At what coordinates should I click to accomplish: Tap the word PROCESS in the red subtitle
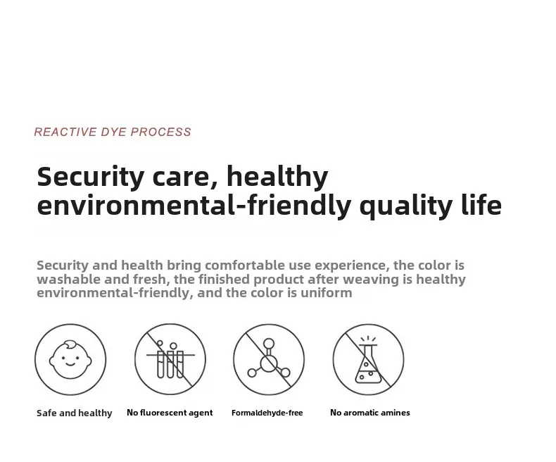click(161, 132)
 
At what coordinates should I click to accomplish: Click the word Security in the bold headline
click(91, 177)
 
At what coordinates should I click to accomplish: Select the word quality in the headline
click(406, 206)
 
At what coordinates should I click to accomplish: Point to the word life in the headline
click(482, 205)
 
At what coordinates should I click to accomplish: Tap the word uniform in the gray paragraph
click(327, 293)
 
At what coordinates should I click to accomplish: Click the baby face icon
click(70, 359)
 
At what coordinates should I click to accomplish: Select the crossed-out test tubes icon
click(170, 359)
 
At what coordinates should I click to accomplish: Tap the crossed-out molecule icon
click(269, 359)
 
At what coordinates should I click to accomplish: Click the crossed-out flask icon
click(368, 359)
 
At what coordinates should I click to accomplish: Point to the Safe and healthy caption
click(75, 413)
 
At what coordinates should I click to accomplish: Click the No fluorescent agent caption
click(170, 413)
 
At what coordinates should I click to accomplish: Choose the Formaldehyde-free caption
click(267, 413)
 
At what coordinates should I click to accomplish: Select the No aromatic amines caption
click(370, 412)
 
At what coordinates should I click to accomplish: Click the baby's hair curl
click(70, 344)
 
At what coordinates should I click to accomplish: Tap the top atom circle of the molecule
click(269, 344)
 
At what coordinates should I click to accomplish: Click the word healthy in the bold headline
click(277, 177)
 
